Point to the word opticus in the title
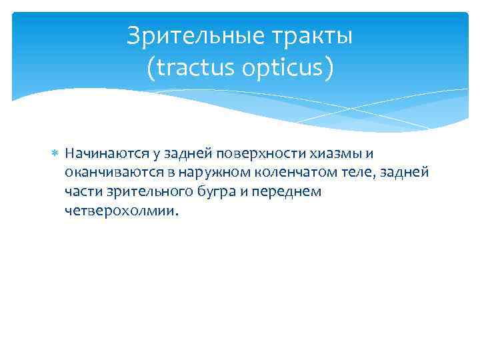287,67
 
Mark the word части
82,192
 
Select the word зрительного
139,192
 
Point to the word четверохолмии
121,211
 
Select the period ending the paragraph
178,215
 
